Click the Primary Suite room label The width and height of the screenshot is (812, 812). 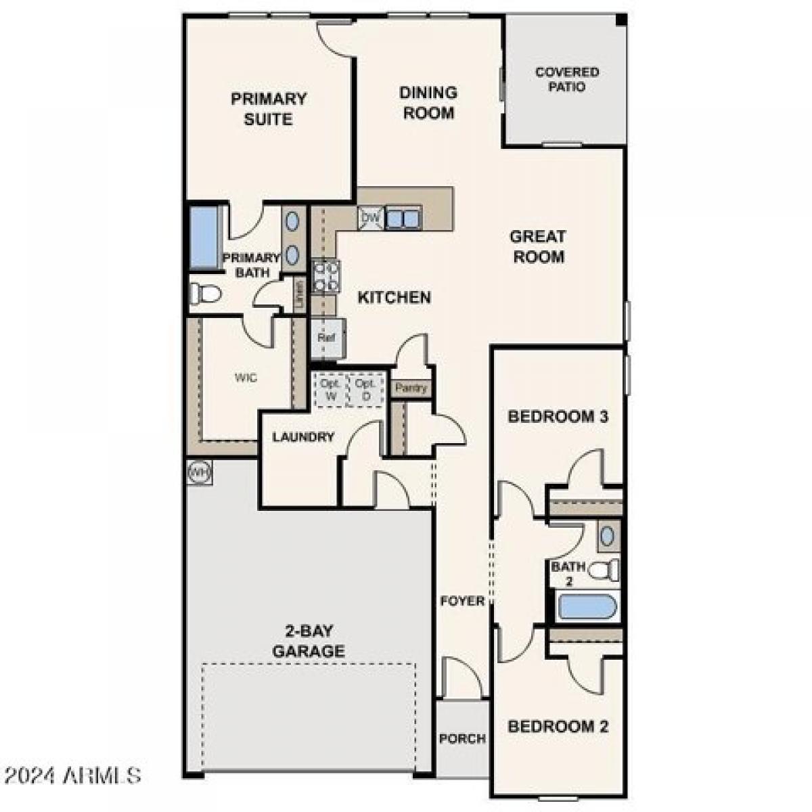point(269,109)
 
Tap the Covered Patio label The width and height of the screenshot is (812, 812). point(567,79)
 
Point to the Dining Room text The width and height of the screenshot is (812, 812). point(428,103)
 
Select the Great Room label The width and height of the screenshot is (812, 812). point(538,246)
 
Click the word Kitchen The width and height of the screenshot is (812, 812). point(394,297)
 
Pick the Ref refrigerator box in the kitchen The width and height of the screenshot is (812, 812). point(328,338)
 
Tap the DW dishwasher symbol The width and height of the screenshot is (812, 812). point(370,218)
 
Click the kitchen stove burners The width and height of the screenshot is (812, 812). point(325,276)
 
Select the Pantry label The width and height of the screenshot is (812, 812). point(411,388)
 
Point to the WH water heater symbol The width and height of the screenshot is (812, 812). point(200,471)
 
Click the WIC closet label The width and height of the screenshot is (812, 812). point(246,378)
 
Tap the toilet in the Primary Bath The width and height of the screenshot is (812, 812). point(206,294)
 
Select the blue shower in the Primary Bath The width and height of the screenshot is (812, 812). point(202,238)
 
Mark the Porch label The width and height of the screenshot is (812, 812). point(462,738)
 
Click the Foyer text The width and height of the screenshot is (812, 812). point(463,601)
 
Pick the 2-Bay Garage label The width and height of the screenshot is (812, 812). point(309,641)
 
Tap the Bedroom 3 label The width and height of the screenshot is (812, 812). point(558,416)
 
